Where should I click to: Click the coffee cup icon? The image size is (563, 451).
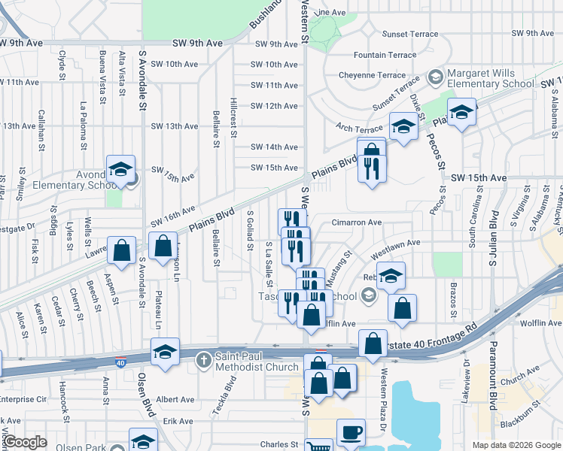pyautogui.click(x=351, y=434)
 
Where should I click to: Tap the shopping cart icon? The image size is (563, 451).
pyautogui.click(x=319, y=447)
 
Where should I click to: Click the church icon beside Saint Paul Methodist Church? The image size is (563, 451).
pyautogui.click(x=202, y=360)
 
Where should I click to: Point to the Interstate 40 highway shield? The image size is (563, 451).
pyautogui.click(x=120, y=364)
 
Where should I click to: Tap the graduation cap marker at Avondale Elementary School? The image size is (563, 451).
pyautogui.click(x=120, y=171)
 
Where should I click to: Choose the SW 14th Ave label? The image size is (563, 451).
pyautogui.click(x=275, y=147)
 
